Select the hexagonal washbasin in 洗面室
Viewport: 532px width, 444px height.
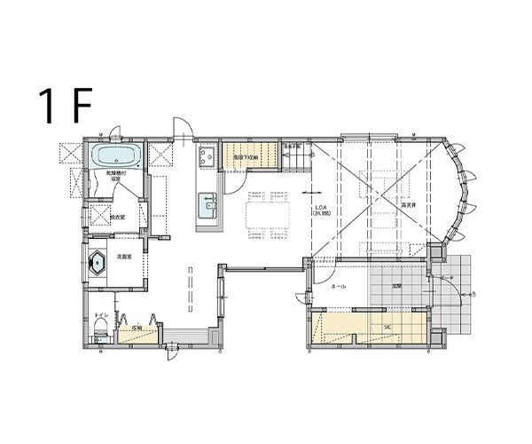point(97,263)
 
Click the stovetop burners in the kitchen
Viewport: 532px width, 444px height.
point(207,158)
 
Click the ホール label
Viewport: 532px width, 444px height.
point(337,288)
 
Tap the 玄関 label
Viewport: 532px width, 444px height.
point(395,286)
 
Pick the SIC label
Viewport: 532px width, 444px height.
point(387,326)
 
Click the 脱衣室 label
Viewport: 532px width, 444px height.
point(117,217)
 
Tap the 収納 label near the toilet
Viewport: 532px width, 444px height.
point(137,328)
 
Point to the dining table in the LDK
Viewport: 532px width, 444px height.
point(268,214)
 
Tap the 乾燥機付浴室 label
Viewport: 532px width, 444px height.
point(115,176)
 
